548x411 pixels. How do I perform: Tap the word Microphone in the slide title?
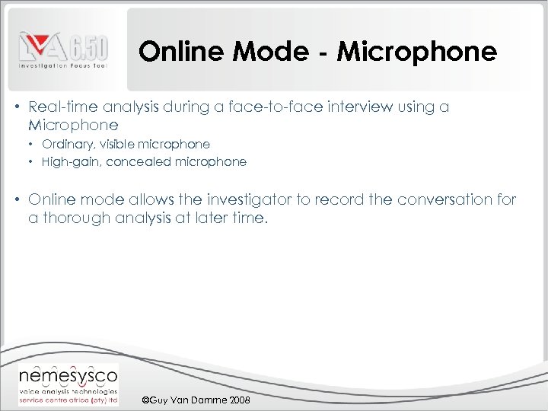[x=416, y=52]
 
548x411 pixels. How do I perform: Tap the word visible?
[x=115, y=144]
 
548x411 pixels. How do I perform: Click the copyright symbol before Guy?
[x=146, y=400]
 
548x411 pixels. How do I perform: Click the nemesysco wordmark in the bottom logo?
[x=68, y=375]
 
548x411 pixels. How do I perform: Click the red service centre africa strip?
[x=68, y=400]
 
